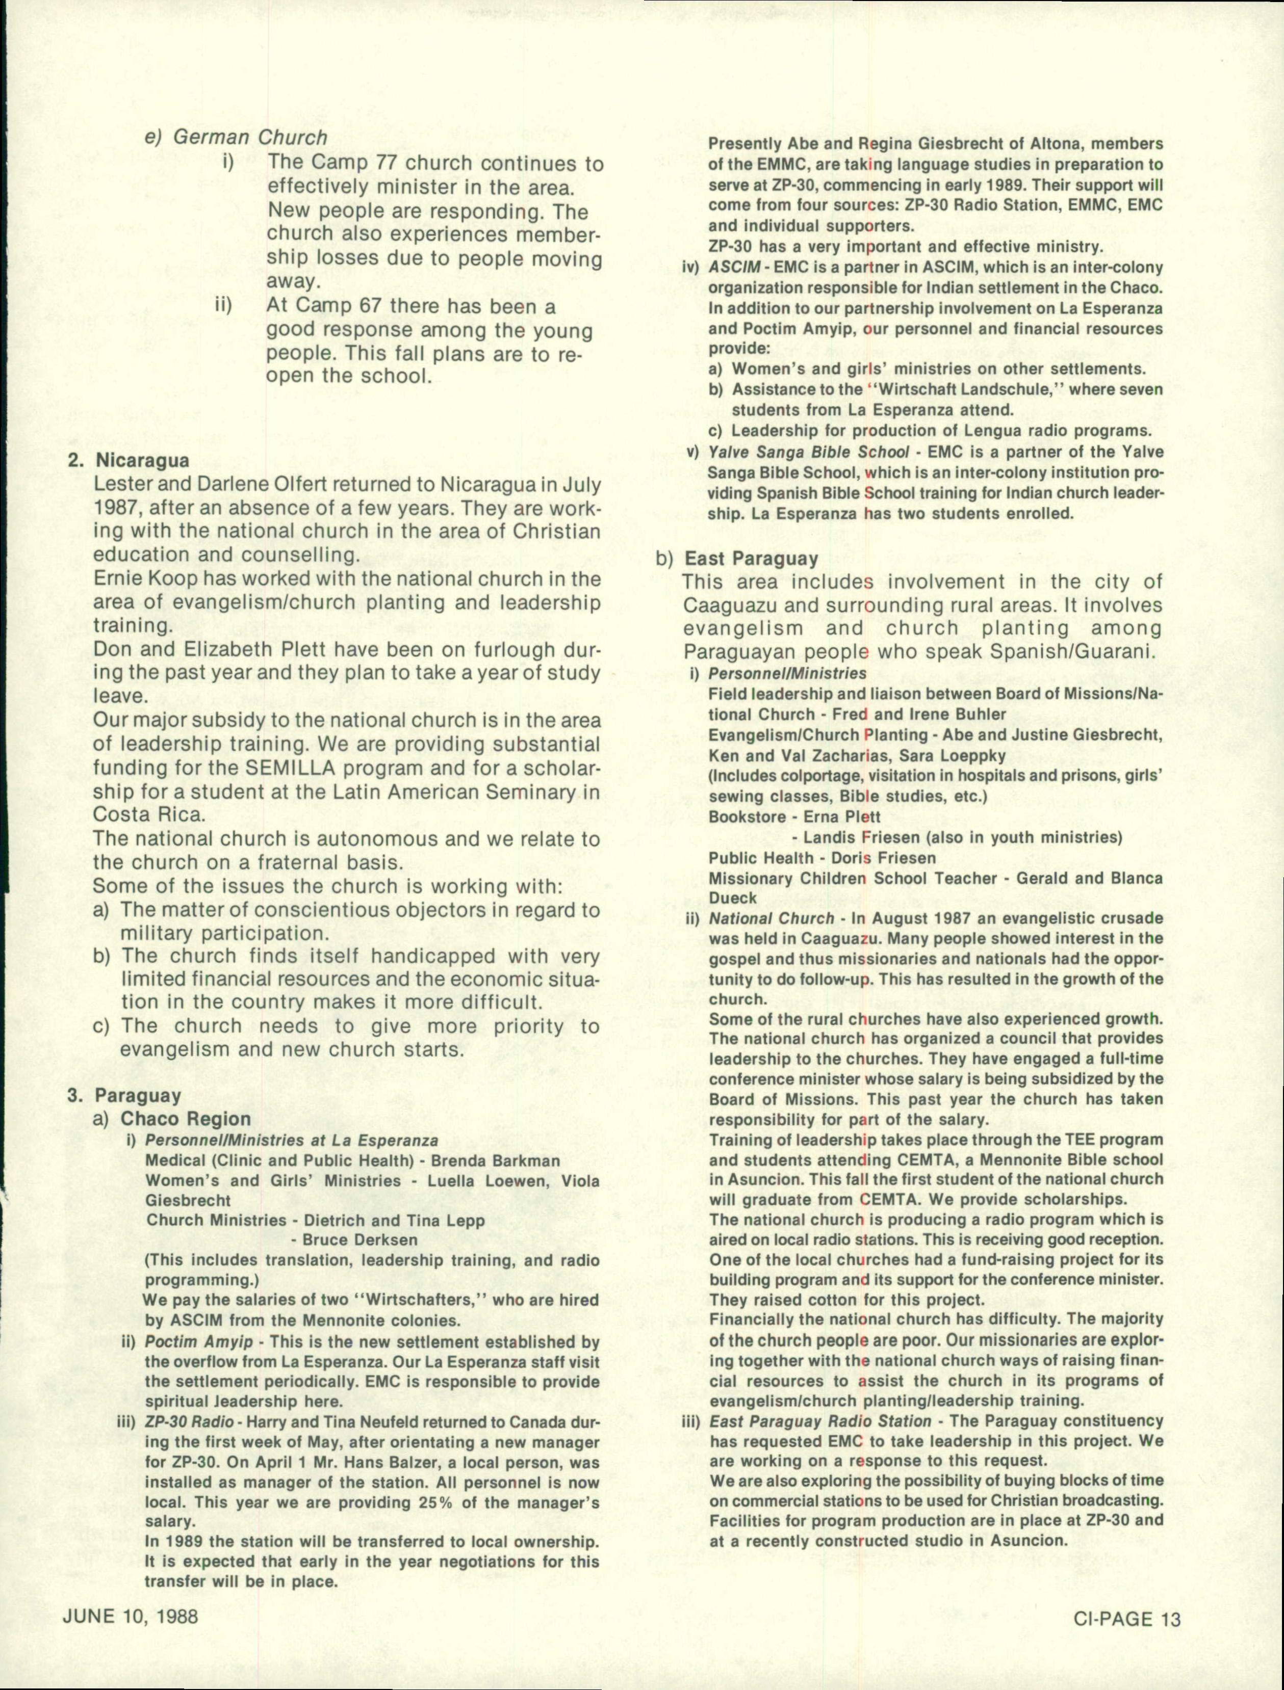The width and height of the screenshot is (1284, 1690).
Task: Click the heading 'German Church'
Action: pyautogui.click(x=250, y=138)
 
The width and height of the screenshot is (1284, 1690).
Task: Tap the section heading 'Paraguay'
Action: pyautogui.click(x=138, y=1096)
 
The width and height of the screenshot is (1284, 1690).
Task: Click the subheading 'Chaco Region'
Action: pyautogui.click(x=186, y=1119)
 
